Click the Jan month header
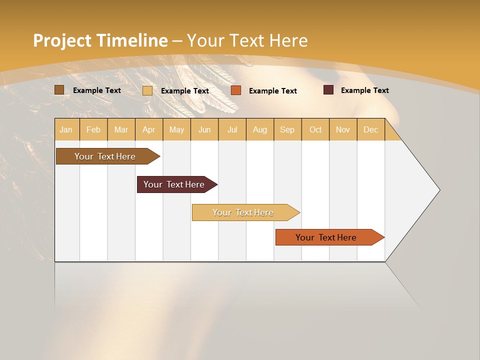[66, 129]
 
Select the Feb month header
[93, 129]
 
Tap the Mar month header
[121, 129]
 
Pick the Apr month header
[149, 129]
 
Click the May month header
[176, 129]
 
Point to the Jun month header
[204, 129]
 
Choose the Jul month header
[232, 129]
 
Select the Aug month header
[260, 129]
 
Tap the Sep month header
[287, 129]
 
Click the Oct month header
[315, 129]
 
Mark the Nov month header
[343, 129]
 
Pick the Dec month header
[371, 129]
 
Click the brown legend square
[59, 90]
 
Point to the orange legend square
[236, 90]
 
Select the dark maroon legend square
[328, 90]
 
